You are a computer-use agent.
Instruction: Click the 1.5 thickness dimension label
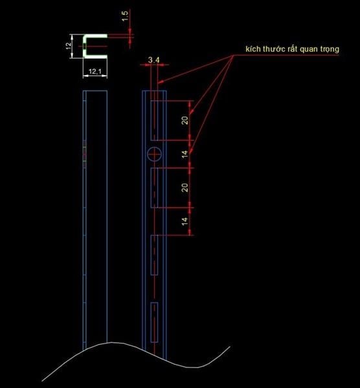click(126, 16)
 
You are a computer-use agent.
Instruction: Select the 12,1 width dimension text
click(95, 72)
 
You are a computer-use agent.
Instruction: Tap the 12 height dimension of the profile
click(69, 46)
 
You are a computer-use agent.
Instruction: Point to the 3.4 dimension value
click(154, 60)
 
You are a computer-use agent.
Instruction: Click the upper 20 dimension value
click(185, 120)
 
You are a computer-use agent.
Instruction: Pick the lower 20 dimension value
click(185, 188)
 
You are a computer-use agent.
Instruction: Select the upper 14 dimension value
click(185, 154)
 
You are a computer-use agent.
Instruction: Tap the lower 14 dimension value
click(185, 221)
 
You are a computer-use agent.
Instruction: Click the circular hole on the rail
click(154, 154)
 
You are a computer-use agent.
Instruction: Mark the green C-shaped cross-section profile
click(85, 47)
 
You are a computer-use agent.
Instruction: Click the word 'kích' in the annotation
click(253, 48)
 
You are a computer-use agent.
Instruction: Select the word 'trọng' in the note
click(330, 49)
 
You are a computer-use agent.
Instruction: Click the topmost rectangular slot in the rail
click(154, 120)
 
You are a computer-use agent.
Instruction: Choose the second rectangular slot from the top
click(154, 188)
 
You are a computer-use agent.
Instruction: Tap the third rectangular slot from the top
click(154, 255)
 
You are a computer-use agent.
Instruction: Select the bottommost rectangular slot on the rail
click(154, 322)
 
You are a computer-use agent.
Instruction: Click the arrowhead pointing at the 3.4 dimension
click(161, 81)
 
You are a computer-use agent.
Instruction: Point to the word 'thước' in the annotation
click(274, 48)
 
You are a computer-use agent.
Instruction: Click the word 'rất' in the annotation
click(293, 48)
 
